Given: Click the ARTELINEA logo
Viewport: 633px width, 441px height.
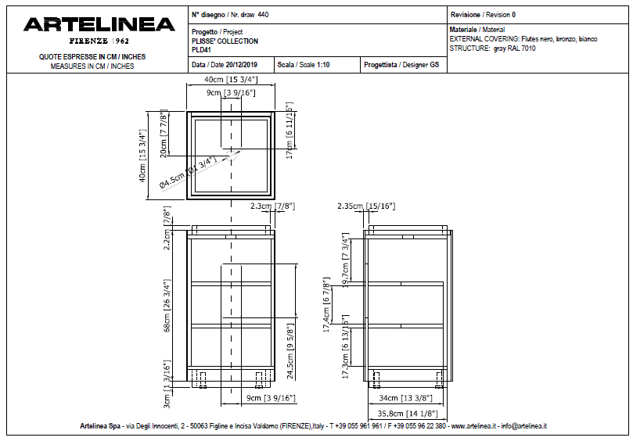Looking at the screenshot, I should tap(99, 25).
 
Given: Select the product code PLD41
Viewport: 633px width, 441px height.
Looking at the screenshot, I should tap(202, 50).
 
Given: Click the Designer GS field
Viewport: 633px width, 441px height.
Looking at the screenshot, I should tap(401, 65).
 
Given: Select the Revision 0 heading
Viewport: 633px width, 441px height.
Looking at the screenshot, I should tap(483, 15).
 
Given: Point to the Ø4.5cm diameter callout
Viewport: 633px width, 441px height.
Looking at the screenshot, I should tap(187, 173).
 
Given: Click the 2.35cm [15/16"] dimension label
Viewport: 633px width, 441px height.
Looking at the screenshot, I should tap(366, 206).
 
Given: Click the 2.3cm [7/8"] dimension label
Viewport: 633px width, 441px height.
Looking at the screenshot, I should tap(272, 206).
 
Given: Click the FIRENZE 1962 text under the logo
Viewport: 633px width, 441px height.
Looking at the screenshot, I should tap(99, 40).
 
